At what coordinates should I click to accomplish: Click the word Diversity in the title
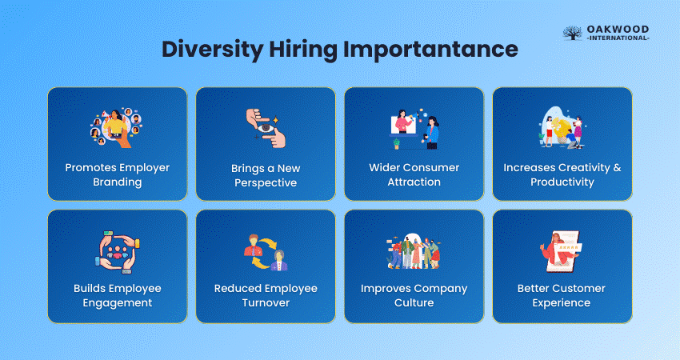212,50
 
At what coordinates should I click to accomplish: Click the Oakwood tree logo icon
573,33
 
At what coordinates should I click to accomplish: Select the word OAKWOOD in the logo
618,29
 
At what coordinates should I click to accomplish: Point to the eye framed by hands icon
266,128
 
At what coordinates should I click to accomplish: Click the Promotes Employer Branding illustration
117,127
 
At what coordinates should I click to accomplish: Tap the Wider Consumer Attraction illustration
414,129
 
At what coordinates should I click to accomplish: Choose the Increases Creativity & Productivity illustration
562,127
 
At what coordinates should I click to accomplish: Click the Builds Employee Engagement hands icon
118,253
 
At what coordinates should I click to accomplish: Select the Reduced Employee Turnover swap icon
266,253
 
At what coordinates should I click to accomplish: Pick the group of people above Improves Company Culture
414,251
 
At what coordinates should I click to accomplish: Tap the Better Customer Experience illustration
561,251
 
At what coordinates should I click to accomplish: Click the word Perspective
266,183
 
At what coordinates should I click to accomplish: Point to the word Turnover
266,302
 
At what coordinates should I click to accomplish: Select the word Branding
118,182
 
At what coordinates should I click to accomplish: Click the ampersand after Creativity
617,167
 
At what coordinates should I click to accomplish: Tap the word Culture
414,302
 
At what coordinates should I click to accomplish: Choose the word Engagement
118,303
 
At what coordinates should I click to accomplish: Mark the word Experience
562,303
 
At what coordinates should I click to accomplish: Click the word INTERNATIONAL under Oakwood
618,38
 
